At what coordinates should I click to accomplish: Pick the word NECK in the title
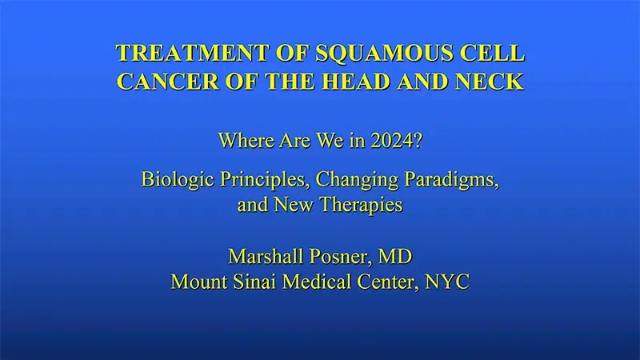494,81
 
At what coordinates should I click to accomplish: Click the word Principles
258,178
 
